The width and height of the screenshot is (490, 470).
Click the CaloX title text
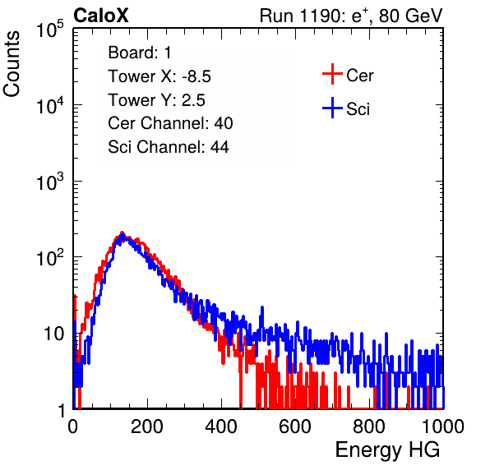coord(100,16)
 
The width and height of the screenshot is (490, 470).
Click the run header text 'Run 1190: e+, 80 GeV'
coord(351,16)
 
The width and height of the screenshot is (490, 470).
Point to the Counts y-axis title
coord(12,64)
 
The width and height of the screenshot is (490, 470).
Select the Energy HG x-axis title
coord(387,450)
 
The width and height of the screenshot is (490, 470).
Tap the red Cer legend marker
coord(332,74)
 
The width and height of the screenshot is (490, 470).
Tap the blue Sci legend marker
coord(332,108)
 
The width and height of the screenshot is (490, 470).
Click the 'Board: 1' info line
coord(140,53)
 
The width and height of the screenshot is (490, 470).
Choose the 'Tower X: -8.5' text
coord(159,76)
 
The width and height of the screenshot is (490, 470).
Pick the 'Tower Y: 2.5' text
coord(156,100)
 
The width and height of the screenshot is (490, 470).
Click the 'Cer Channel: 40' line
coord(170,123)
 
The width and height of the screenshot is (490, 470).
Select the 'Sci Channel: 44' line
coord(169,147)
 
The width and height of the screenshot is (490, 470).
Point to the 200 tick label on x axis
coord(147,426)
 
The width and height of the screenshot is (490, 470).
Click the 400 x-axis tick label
coord(221,426)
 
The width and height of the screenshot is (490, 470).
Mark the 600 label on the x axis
coord(295,426)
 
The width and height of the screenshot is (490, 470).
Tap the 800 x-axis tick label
coord(369,426)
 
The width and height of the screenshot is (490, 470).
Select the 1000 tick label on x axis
coord(443,426)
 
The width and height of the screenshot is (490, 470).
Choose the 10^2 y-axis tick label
coord(50,257)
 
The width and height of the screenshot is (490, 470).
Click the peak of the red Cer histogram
coord(122,233)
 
